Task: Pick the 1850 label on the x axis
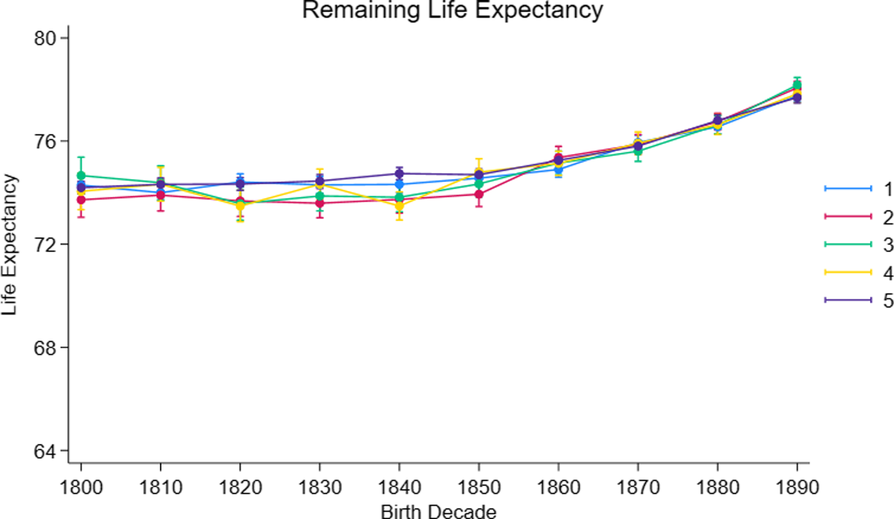click(479, 487)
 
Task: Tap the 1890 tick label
click(797, 487)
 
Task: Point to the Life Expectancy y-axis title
click(9, 245)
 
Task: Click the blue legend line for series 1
click(848, 189)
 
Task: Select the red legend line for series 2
click(848, 216)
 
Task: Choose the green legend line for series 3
click(848, 244)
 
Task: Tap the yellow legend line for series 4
click(848, 272)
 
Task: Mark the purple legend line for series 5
click(848, 300)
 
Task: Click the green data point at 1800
click(81, 176)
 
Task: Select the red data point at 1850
click(479, 194)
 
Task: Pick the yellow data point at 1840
click(399, 206)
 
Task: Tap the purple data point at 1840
click(399, 174)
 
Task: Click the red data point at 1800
click(81, 200)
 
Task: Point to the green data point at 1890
click(797, 85)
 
